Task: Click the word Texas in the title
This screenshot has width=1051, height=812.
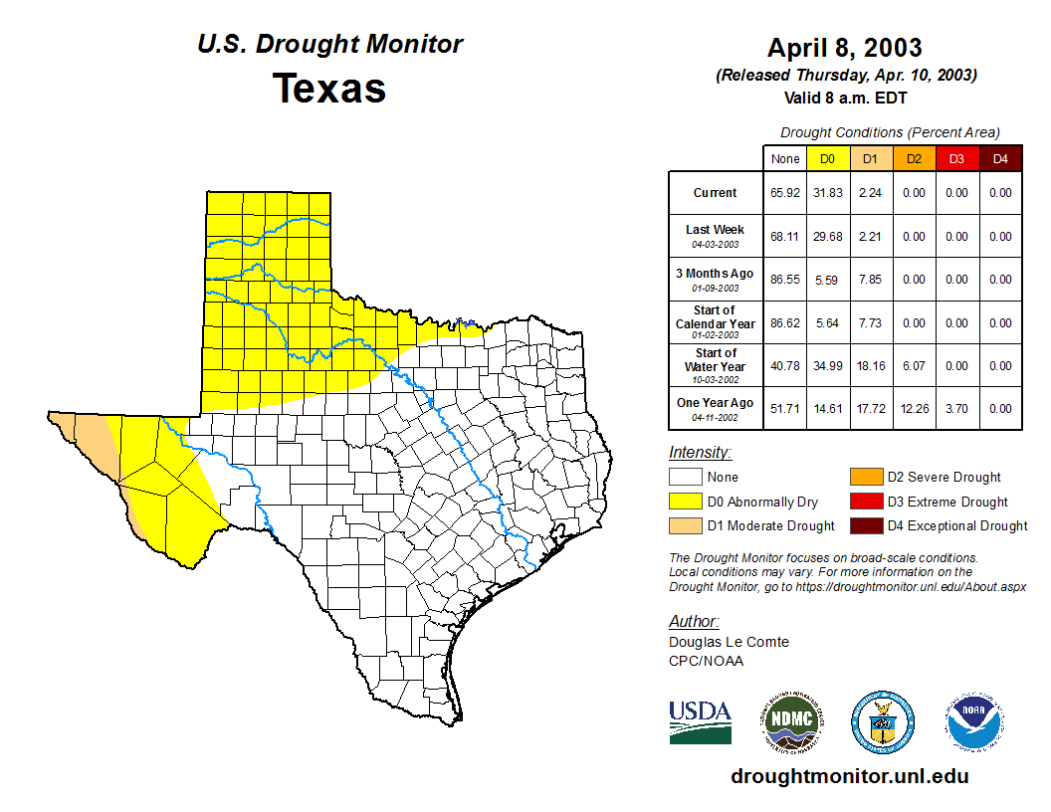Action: (x=329, y=89)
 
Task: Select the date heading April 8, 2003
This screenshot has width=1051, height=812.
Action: (x=844, y=48)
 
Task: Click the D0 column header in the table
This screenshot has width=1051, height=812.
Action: (x=826, y=158)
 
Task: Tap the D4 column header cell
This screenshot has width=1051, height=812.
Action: (x=1000, y=158)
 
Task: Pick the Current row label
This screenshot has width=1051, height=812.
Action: (x=716, y=193)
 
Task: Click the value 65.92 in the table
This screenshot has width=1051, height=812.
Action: (x=784, y=193)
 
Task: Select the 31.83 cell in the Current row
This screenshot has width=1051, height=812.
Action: (x=826, y=193)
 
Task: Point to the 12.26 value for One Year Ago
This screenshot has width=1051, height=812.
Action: (x=913, y=408)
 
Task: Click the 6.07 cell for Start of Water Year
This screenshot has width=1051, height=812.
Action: (x=913, y=366)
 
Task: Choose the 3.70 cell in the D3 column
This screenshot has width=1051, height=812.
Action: (x=956, y=408)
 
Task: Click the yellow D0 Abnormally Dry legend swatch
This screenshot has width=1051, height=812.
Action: (x=686, y=502)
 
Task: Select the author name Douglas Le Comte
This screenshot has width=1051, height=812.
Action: (x=729, y=642)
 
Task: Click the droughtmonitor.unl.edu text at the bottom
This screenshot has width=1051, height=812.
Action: (x=849, y=776)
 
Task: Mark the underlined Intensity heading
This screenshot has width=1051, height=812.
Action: (x=700, y=453)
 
